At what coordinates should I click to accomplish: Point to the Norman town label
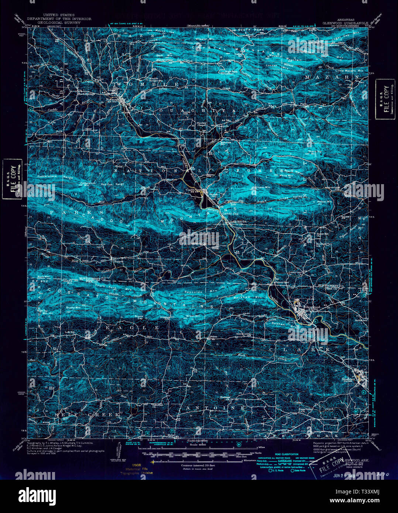(x=111, y=99)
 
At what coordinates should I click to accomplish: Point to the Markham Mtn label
(x=253, y=296)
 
